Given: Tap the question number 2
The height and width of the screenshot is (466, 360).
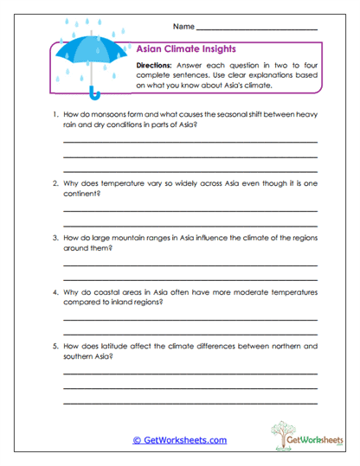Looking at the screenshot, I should point(55,183).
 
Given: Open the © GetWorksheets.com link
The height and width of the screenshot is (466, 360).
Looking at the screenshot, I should point(179,440).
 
